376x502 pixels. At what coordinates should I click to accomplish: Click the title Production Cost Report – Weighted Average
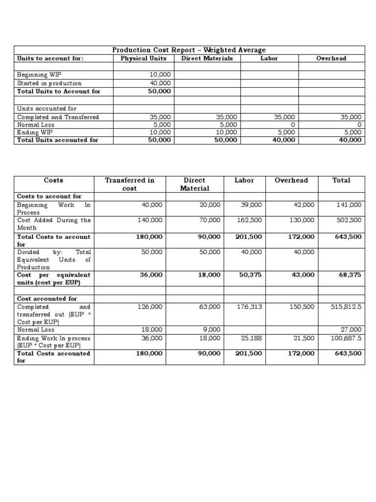pos(189,50)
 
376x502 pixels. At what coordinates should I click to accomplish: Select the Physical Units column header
pos(143,58)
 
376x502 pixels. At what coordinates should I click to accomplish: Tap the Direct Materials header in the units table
pos(207,58)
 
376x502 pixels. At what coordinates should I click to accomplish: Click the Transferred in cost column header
pos(130,184)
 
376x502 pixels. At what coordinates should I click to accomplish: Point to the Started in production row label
pos(49,83)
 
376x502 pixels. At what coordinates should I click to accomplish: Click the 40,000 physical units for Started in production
pos(160,83)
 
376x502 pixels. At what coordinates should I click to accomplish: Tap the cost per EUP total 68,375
pos(350,275)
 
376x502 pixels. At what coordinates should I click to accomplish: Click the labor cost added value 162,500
pos(250,220)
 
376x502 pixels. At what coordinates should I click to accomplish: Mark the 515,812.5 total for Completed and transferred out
pos(347,307)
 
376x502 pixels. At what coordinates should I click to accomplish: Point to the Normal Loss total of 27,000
pos(352,330)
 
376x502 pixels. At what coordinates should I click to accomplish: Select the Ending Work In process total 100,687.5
pos(347,338)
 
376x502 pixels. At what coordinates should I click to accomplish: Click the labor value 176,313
pos(251,307)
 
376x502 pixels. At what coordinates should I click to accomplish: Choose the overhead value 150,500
pos(304,307)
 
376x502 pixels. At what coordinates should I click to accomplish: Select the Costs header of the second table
pos(53,180)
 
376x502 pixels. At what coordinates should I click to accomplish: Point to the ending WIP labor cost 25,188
pos(252,338)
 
